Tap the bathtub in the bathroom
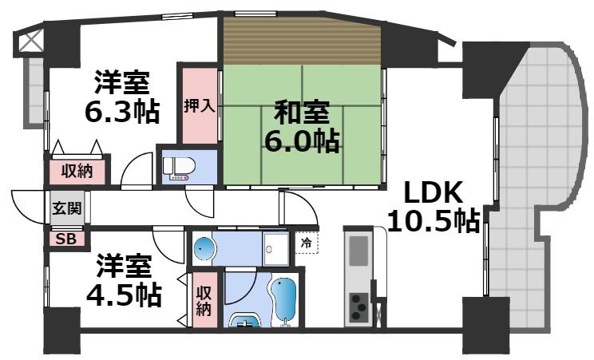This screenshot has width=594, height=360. click(x=283, y=302)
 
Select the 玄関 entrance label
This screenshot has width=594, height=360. click(x=65, y=209)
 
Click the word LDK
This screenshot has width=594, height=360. click(x=432, y=192)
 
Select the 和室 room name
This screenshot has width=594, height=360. click(x=300, y=109)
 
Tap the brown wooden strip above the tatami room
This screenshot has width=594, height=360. click(x=301, y=41)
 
